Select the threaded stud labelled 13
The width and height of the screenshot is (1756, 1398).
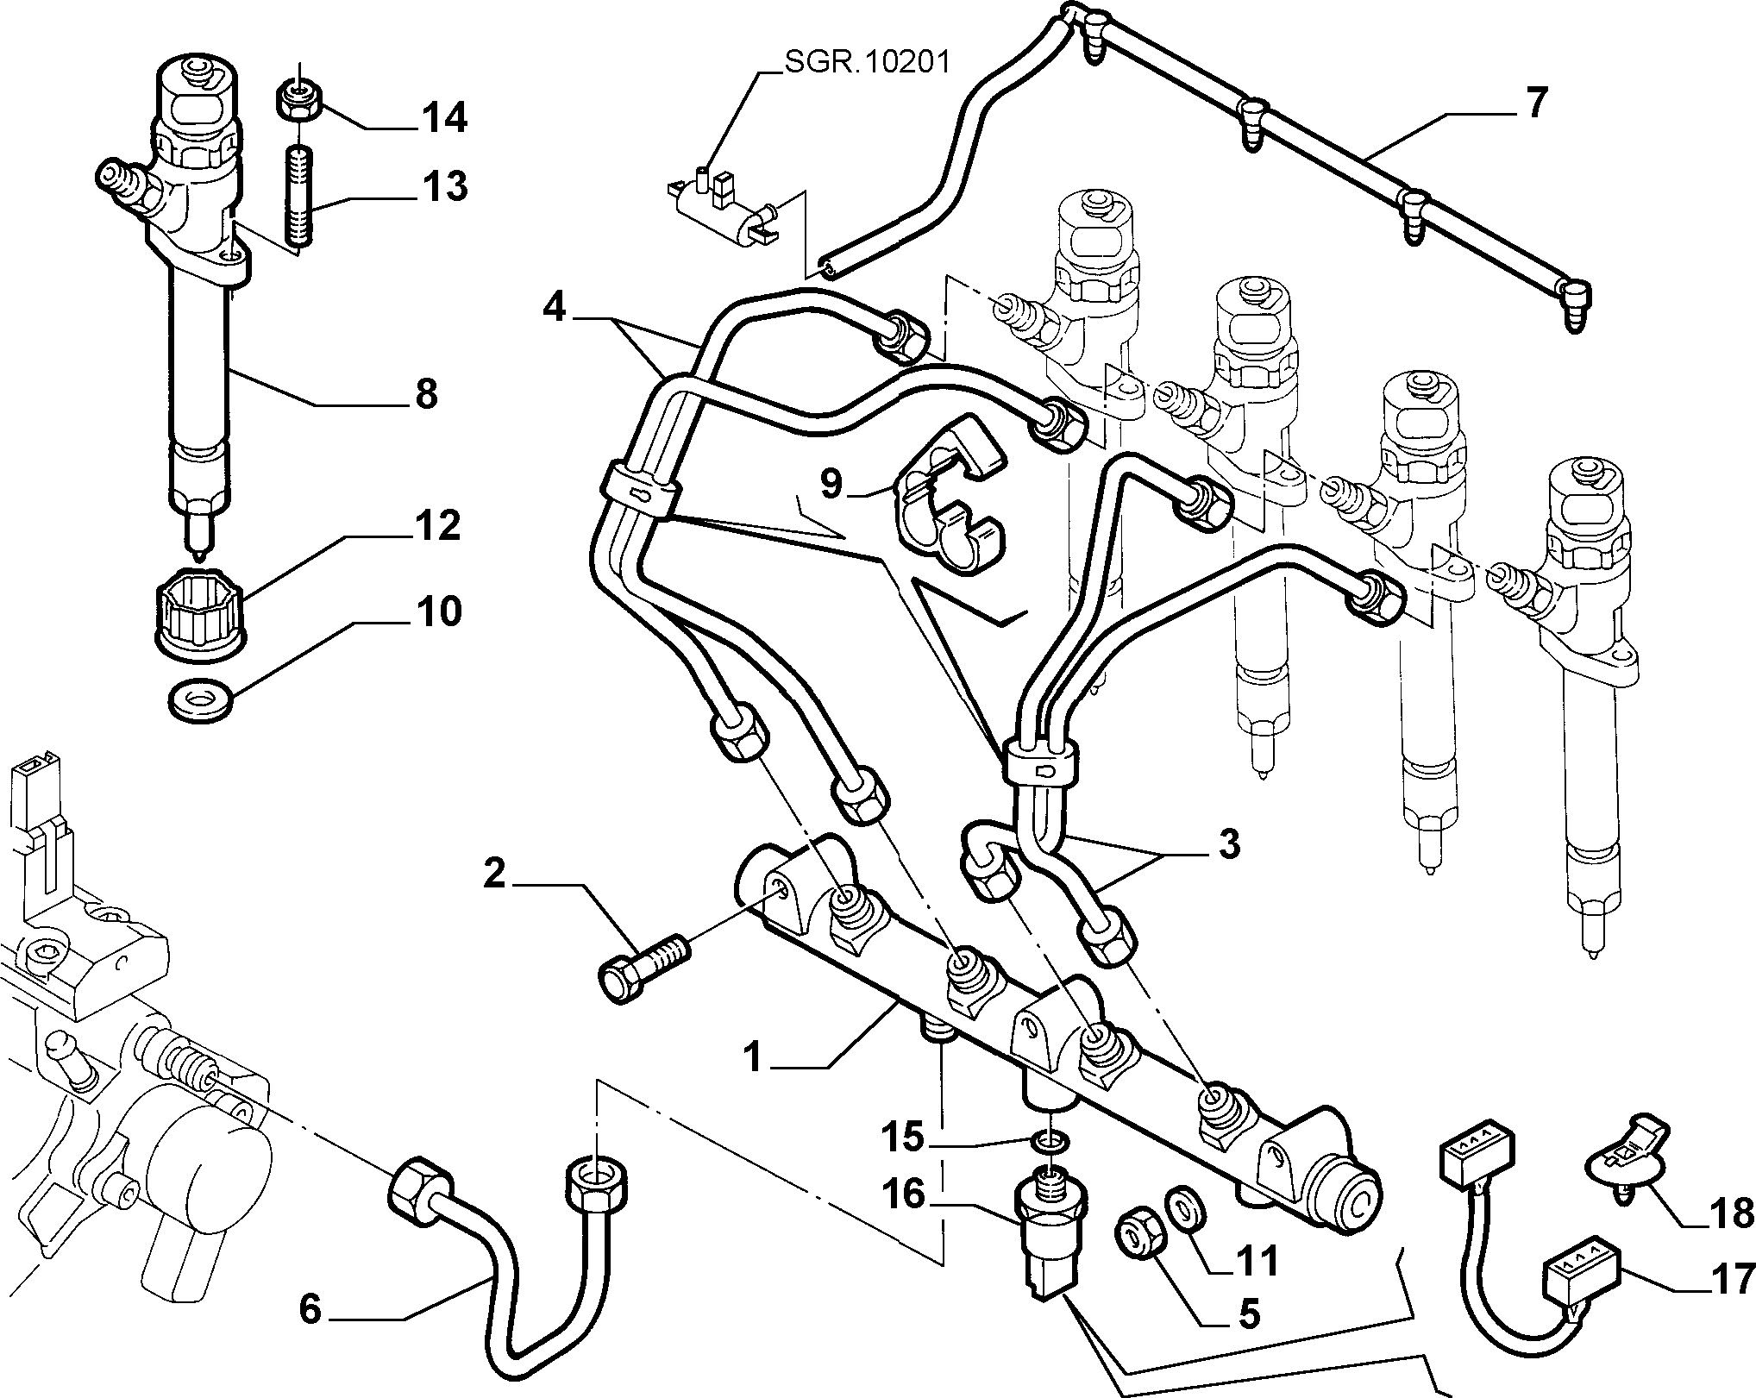[298, 197]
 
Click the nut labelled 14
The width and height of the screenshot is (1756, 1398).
[299, 100]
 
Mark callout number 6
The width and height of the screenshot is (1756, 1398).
[311, 1309]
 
